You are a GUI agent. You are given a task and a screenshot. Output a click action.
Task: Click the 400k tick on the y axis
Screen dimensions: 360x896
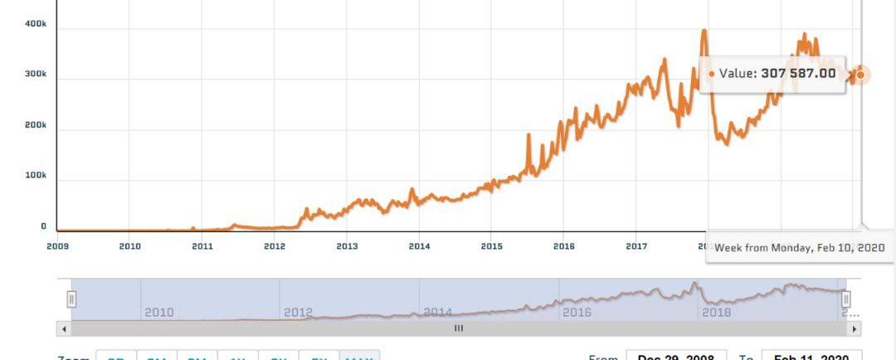pos(35,24)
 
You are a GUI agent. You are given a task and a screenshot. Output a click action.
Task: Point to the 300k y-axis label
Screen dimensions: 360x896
pos(35,75)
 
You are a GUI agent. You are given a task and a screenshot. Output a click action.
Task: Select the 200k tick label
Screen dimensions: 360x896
pos(35,125)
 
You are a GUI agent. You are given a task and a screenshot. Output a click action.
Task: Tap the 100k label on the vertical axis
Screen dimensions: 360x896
pos(35,176)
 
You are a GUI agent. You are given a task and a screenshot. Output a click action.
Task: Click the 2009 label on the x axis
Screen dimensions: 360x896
pos(57,246)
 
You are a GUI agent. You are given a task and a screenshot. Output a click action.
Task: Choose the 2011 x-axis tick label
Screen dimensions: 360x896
pos(202,246)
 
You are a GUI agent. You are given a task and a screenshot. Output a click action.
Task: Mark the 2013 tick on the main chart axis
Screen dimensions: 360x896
pos(347,246)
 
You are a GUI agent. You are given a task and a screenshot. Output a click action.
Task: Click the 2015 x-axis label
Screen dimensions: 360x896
pos(491,246)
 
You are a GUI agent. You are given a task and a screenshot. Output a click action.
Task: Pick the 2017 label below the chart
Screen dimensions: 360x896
pos(636,246)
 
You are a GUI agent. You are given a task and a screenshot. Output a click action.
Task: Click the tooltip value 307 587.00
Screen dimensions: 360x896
pos(798,73)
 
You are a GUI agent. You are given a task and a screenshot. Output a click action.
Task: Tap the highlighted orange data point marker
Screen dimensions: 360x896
pos(860,75)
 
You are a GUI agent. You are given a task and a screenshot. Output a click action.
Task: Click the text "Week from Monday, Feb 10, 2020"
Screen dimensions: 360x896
pos(800,248)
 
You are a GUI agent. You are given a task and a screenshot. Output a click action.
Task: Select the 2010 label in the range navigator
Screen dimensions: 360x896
pos(159,313)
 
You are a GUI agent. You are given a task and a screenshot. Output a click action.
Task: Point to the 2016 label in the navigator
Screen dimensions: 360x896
pos(577,313)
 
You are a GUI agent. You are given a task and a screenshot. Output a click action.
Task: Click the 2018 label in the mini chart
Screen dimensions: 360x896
pos(717,313)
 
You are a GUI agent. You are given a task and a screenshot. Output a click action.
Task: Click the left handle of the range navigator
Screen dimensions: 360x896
pos(71,299)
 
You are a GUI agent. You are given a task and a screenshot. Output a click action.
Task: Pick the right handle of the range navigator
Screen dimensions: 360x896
pos(846,299)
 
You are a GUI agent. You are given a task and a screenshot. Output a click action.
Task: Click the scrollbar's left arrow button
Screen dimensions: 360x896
pos(64,328)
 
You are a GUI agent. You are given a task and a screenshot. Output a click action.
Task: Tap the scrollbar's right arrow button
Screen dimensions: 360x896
pos(855,328)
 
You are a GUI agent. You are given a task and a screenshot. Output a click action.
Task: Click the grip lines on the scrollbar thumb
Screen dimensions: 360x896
pos(459,328)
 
